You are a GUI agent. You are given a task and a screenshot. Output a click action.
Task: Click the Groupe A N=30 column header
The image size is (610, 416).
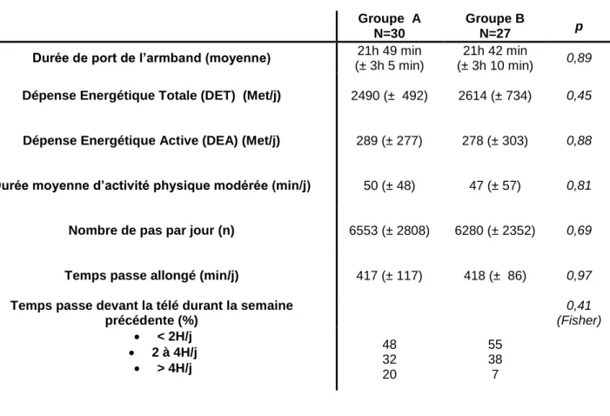[x=390, y=26]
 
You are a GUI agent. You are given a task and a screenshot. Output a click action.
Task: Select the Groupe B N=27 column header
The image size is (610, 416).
[x=495, y=26]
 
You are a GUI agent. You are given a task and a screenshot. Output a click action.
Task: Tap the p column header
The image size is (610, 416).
[x=579, y=27]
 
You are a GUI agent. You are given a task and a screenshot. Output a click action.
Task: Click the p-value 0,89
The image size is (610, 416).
[x=579, y=58]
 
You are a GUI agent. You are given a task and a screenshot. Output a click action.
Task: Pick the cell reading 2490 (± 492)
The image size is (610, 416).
[x=390, y=96]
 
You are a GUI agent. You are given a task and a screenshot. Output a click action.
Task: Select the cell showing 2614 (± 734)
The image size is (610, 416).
[x=495, y=96]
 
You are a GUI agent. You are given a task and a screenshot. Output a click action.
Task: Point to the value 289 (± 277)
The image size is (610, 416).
[x=390, y=140]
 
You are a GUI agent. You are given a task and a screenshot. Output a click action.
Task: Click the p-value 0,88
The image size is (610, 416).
[x=579, y=140]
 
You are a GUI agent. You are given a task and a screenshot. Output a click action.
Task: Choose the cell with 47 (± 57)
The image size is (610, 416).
[x=495, y=185]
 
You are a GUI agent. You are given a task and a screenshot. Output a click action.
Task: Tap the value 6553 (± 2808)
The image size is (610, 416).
[x=390, y=231]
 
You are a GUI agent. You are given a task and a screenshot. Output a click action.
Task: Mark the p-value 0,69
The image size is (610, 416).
[x=579, y=231]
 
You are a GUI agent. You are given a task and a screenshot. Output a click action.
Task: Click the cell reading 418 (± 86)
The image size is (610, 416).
[x=495, y=276]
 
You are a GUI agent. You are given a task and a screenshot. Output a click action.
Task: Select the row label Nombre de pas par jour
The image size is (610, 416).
[x=151, y=231]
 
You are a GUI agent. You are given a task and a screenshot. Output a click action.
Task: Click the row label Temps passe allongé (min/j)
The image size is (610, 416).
[x=151, y=276]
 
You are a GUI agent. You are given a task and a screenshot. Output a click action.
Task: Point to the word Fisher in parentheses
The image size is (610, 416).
[x=579, y=320]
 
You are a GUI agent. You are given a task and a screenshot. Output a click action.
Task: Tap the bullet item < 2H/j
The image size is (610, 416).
[x=174, y=336]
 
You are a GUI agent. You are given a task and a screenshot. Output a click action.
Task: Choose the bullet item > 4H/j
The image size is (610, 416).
[x=174, y=368]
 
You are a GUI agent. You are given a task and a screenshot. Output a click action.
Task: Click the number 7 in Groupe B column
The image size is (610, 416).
[x=495, y=374]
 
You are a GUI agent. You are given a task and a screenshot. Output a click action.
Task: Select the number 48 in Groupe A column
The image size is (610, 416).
[x=390, y=345]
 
